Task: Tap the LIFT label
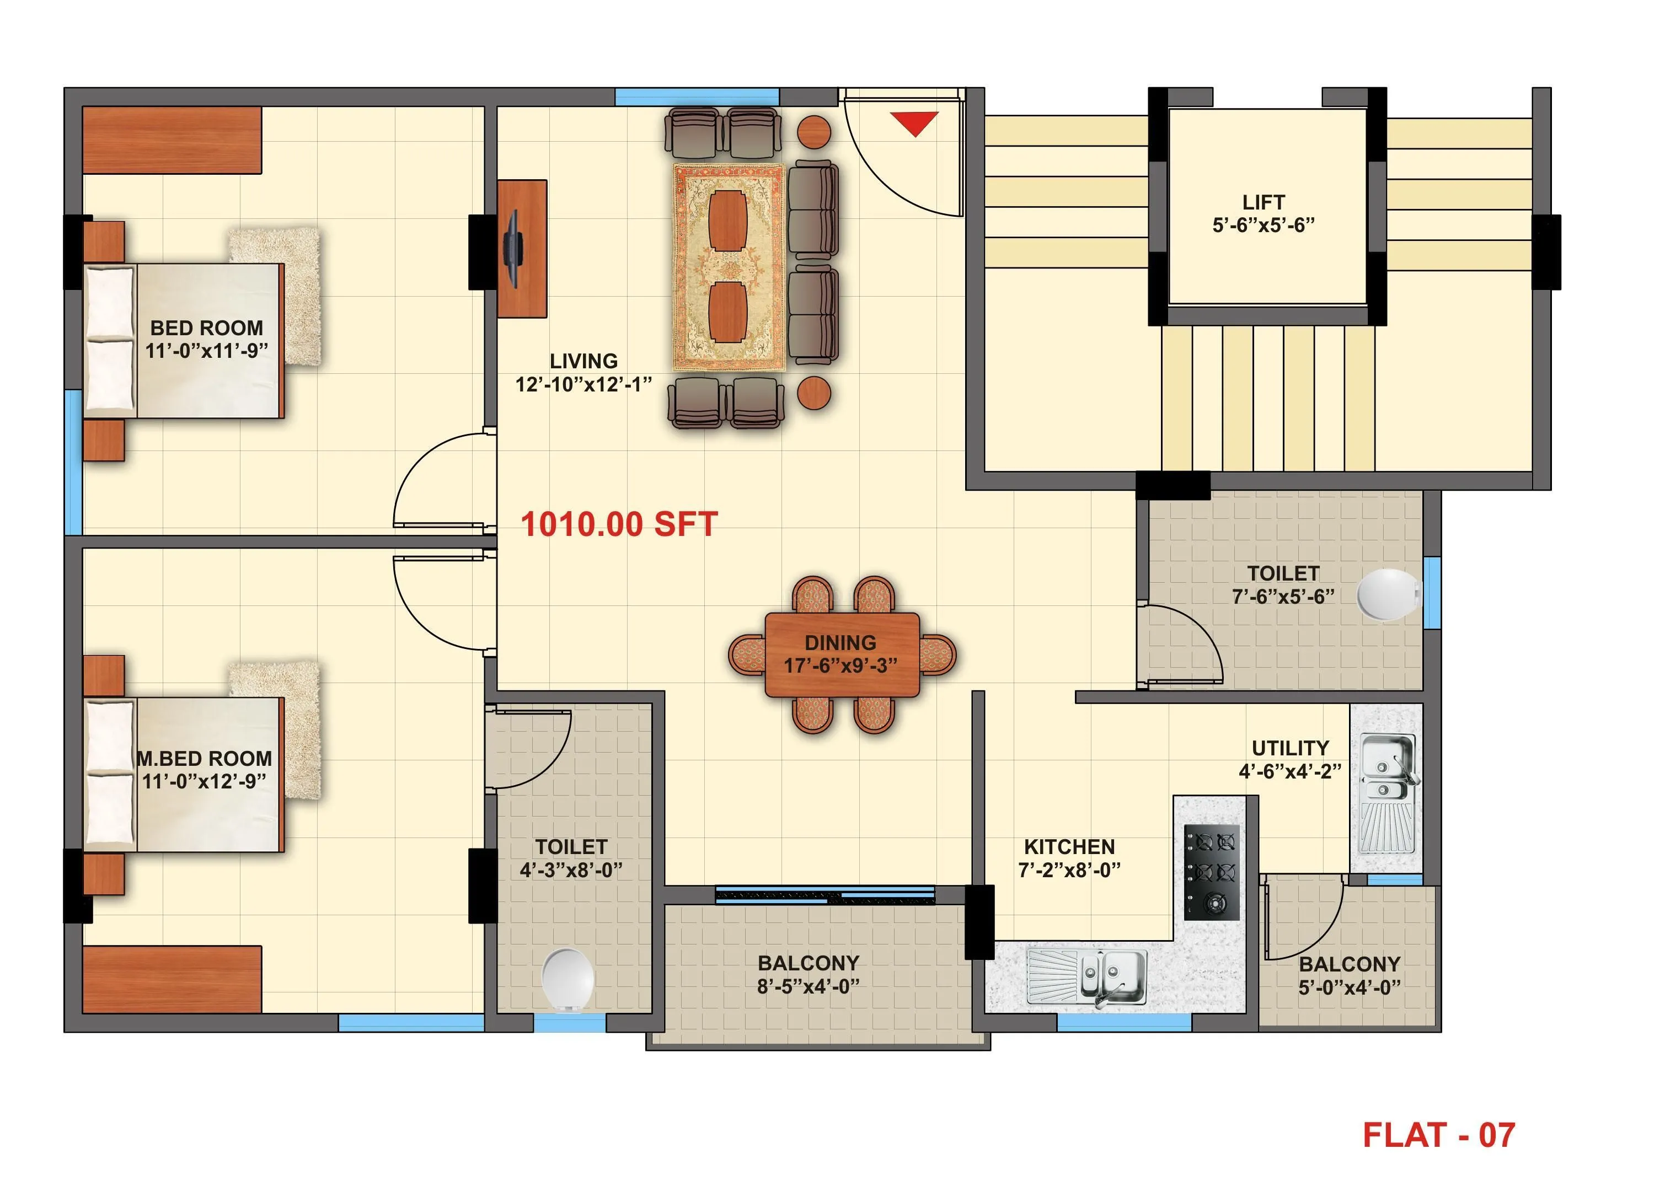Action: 1264,202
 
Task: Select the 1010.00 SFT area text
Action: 619,525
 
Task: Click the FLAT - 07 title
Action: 1438,1135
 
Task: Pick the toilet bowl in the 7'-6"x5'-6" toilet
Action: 1386,594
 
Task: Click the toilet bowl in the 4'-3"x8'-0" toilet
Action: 568,979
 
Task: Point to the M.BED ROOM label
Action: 204,758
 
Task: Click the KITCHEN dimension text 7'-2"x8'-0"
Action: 1069,871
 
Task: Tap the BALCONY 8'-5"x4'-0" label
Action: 809,963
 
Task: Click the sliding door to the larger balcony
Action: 825,895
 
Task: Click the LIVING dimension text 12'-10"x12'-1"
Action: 583,384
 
